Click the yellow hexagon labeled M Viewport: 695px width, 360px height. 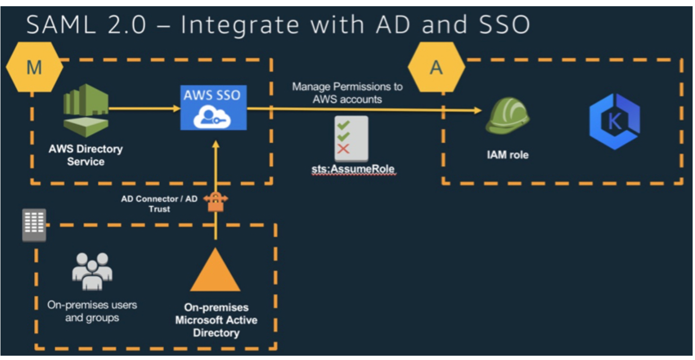tap(34, 67)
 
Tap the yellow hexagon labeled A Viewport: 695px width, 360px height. tap(436, 67)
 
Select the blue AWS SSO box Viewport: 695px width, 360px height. tap(213, 107)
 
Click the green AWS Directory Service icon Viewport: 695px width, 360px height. tap(86, 110)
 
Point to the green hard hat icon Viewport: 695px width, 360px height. tap(507, 115)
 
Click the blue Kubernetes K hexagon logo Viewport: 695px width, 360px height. tap(614, 121)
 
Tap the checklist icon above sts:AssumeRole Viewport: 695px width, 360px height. tap(351, 138)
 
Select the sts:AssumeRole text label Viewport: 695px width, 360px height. tap(353, 169)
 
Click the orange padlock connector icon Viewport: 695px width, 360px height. tap(216, 202)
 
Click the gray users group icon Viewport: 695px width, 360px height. tap(92, 271)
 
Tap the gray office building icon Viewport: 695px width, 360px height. tap(34, 225)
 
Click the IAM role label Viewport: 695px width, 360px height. tap(507, 155)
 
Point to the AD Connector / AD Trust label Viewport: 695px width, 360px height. tap(159, 203)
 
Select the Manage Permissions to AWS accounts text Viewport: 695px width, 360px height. tap(347, 93)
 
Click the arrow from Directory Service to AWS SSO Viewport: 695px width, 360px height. tap(145, 109)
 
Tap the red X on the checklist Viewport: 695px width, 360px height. tap(343, 149)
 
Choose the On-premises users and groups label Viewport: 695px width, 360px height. tap(92, 311)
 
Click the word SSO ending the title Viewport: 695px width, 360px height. tap(504, 24)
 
